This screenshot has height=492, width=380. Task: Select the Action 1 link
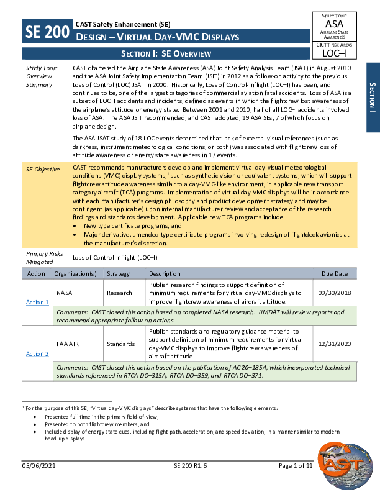coord(37,302)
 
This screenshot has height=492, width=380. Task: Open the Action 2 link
coord(37,353)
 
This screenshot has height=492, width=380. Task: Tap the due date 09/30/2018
coord(333,292)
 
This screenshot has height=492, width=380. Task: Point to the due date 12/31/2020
coord(333,344)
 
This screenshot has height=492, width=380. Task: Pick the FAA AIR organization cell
coord(68,344)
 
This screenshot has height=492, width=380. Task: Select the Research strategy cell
coord(119,292)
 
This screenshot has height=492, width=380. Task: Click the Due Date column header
coord(335,273)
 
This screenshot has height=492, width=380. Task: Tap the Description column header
coord(165,273)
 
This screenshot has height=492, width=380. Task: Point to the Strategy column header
coord(118,273)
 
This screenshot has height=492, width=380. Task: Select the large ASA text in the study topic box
coord(338,24)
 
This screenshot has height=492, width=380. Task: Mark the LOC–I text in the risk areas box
coord(338,53)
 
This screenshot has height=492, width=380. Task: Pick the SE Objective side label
coord(43,169)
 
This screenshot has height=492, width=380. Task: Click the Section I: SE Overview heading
coord(166,54)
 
